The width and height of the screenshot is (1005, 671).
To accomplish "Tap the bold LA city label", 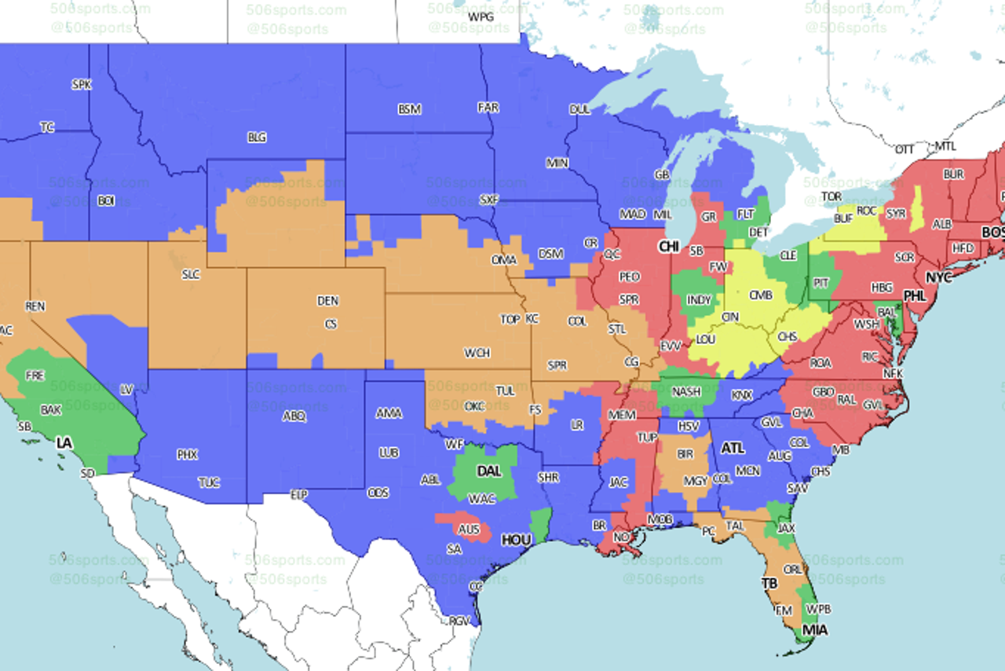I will [x=64, y=443].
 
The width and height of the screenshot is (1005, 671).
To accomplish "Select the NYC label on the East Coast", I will [x=938, y=278].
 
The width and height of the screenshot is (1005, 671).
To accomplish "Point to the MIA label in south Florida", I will [x=814, y=629].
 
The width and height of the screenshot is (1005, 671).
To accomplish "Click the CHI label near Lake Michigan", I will [x=669, y=247].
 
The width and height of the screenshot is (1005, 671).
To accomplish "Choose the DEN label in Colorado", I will [x=327, y=301].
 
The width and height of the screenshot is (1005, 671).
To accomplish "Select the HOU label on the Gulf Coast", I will [x=516, y=540].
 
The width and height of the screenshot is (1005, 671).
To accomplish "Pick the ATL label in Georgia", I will [x=733, y=448].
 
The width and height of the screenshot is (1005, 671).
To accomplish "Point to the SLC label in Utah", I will [x=190, y=274].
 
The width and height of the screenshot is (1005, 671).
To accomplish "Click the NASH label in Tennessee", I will [x=686, y=391].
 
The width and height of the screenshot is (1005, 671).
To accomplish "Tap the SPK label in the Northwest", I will [x=81, y=84].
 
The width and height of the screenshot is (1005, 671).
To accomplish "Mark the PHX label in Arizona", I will [x=187, y=454].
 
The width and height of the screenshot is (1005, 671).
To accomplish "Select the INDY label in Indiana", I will [x=699, y=300].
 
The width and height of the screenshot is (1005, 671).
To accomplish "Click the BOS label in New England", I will [x=992, y=233].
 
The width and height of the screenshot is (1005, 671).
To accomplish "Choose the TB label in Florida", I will [x=770, y=583].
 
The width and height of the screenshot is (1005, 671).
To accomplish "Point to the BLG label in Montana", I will [x=257, y=137].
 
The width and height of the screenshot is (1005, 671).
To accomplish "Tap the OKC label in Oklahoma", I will [x=474, y=406].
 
